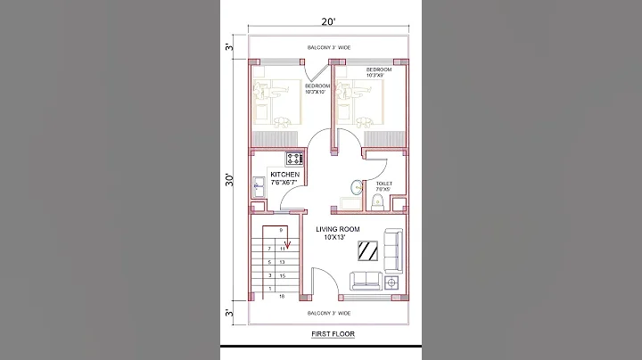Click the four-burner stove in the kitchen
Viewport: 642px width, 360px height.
tap(294, 159)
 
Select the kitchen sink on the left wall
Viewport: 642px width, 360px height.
tap(258, 188)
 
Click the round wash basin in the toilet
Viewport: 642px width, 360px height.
tap(356, 187)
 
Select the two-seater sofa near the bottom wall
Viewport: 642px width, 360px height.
tap(366, 281)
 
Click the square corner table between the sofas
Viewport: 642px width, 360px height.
tap(392, 282)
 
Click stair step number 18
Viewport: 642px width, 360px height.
tap(282, 296)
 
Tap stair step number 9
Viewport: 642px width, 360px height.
tap(282, 231)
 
